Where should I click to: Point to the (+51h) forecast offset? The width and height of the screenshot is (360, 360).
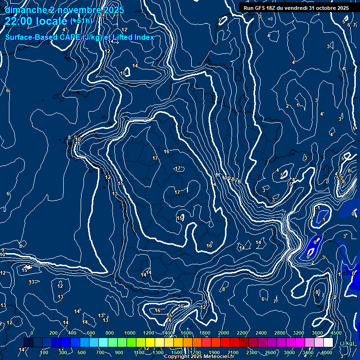coord(81,21)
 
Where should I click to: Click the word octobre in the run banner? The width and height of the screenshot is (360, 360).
coord(326,8)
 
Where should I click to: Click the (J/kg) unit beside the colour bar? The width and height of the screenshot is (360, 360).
coord(346,344)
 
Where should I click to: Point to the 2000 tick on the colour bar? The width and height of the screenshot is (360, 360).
coord(223,333)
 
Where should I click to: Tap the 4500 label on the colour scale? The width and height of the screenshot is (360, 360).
coord(336,333)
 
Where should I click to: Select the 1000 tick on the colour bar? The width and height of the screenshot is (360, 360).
coord(129,333)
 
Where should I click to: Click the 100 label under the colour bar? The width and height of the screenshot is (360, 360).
coord(45,352)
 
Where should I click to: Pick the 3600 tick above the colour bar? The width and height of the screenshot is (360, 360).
coord(317,333)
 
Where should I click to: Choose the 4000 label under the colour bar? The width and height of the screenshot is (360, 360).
coord(326,352)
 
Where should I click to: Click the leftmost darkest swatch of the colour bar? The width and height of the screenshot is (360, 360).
coord(28,343)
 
